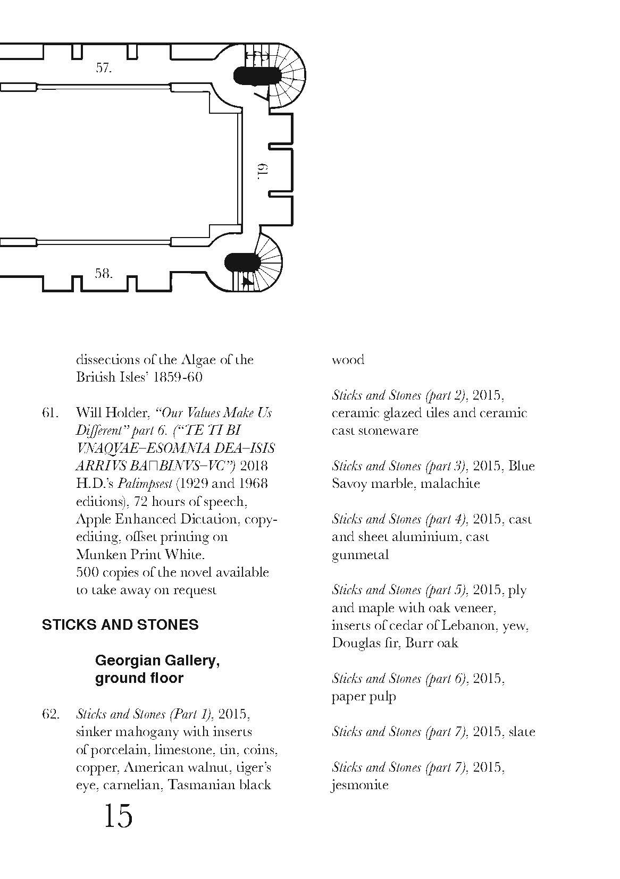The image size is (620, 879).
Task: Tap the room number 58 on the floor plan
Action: (x=104, y=274)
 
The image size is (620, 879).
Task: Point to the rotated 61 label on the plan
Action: (x=263, y=170)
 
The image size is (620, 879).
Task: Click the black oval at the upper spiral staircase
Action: (x=257, y=76)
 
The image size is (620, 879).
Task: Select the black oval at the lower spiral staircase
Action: (x=242, y=262)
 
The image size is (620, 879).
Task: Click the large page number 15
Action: (x=118, y=816)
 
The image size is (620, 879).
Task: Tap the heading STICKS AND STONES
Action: (x=120, y=624)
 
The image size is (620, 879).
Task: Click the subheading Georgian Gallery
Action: (x=157, y=660)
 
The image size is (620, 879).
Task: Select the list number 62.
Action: (x=50, y=714)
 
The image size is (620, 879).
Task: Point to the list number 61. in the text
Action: (x=50, y=412)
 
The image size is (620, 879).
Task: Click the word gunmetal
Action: (x=360, y=555)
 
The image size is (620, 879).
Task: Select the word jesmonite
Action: (x=360, y=785)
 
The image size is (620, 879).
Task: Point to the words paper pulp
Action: (x=364, y=697)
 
